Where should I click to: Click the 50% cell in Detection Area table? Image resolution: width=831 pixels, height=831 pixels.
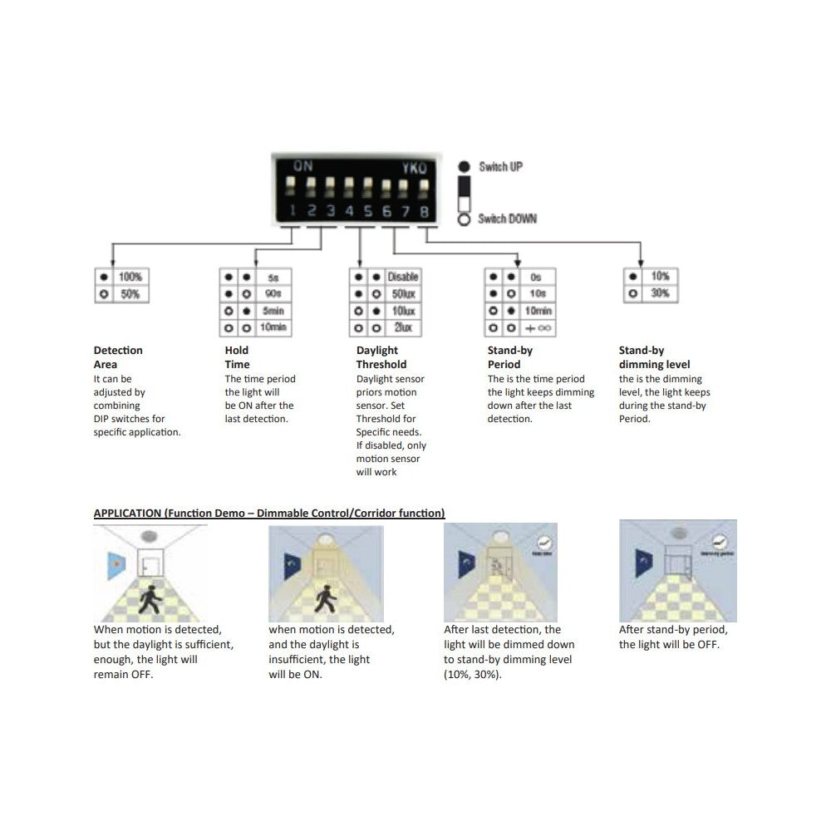(130, 294)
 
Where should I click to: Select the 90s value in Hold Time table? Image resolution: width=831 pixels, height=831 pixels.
(273, 293)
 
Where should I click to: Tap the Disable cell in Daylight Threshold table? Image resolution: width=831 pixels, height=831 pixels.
(403, 276)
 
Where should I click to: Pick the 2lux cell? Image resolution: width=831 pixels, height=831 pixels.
(403, 328)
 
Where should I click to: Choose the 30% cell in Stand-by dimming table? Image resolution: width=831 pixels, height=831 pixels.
(661, 293)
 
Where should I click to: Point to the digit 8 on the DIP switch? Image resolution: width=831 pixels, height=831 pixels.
(424, 212)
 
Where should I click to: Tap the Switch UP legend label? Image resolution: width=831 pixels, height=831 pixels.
(500, 167)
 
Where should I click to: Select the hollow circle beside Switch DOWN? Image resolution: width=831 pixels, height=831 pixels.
(464, 219)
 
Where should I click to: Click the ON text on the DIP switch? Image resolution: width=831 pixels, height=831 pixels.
(303, 166)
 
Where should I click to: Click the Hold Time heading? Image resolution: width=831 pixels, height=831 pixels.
(237, 357)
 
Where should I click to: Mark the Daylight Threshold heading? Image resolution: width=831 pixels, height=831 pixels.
(381, 357)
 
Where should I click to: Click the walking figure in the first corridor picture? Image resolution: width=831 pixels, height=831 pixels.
(150, 600)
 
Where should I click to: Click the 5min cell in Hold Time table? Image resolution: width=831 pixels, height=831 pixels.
(273, 311)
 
